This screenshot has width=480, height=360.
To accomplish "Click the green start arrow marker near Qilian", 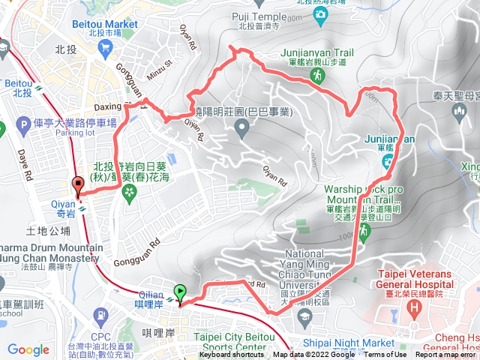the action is (x=179, y=292).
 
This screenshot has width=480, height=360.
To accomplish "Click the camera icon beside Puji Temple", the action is (x=321, y=15).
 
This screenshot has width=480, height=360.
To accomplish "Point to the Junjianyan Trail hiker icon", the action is (x=319, y=76).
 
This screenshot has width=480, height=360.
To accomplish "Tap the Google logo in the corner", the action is (x=28, y=349).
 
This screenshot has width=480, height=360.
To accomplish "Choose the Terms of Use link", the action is (x=385, y=355).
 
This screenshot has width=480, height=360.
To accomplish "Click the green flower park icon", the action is (x=130, y=191).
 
